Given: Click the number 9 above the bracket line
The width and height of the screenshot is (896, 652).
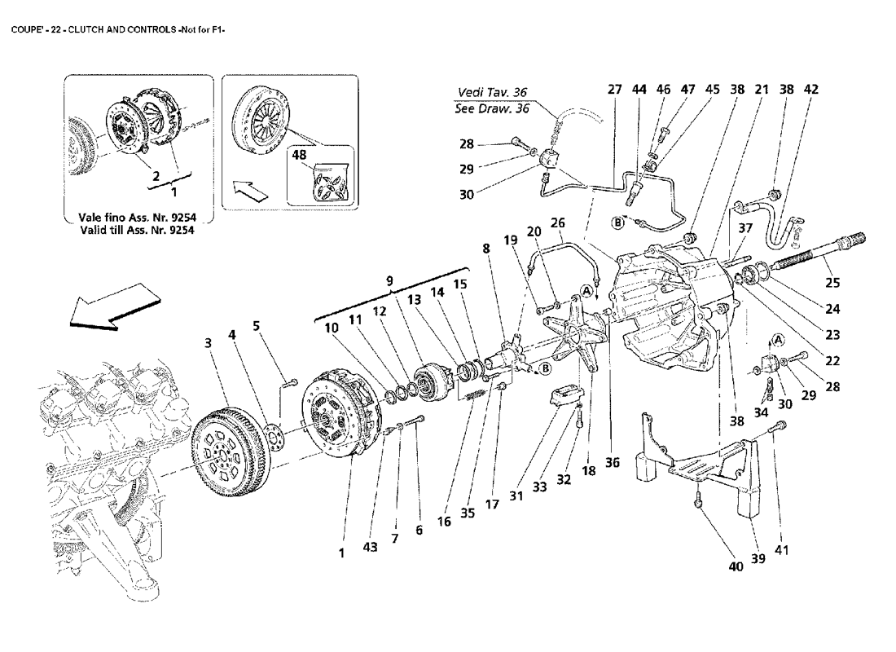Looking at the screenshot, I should [x=389, y=281].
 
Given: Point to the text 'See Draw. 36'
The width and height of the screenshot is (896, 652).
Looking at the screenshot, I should [x=492, y=108].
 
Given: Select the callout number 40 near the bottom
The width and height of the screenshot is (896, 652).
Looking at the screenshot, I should [x=736, y=566].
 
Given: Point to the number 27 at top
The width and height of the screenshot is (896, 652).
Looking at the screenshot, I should [x=614, y=90].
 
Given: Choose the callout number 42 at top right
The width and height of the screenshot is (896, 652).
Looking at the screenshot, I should [x=810, y=90].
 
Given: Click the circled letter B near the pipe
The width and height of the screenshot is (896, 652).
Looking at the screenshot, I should [x=619, y=221].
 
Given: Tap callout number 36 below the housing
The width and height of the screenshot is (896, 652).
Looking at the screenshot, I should [x=612, y=462].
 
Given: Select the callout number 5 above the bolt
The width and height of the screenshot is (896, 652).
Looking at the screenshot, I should [x=257, y=326].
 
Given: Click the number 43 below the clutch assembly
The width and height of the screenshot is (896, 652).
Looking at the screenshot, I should [x=371, y=548].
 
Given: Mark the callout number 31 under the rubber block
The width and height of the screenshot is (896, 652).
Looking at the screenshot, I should [x=514, y=496].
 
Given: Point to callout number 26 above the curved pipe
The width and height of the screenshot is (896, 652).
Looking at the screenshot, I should [x=557, y=222].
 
